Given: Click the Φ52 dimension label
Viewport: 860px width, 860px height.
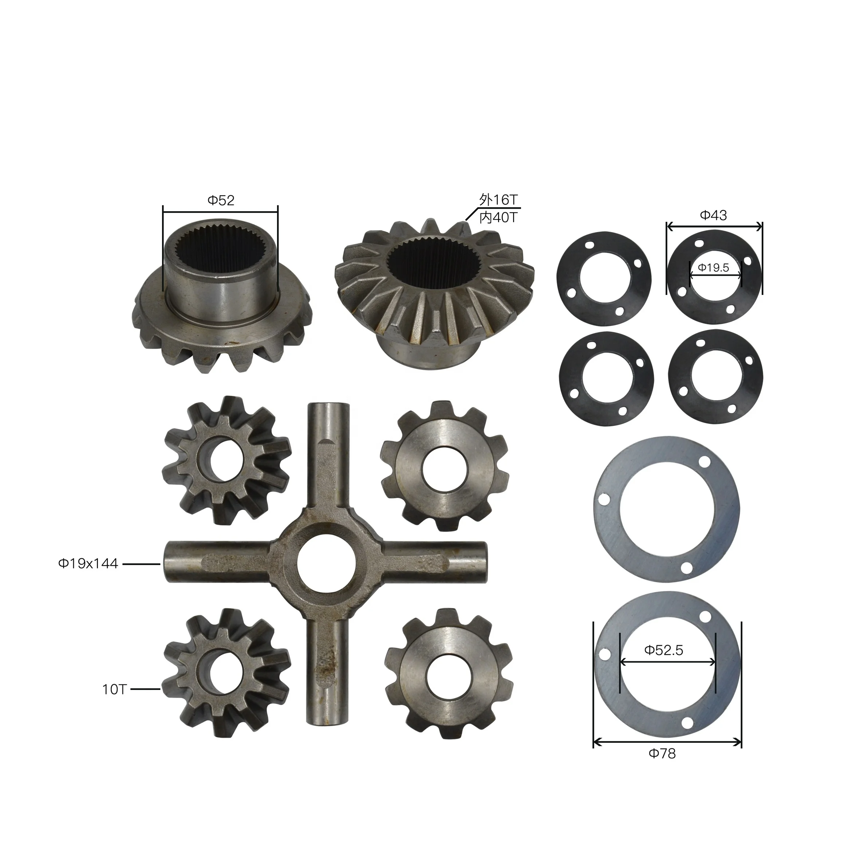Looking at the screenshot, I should pyautogui.click(x=221, y=200).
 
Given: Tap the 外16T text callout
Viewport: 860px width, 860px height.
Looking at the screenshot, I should pyautogui.click(x=498, y=200).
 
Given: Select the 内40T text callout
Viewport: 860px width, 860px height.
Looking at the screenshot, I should pyautogui.click(x=498, y=218).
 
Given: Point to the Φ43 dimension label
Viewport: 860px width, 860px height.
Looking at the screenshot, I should pyautogui.click(x=713, y=216).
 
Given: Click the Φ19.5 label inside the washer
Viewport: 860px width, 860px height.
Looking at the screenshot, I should pyautogui.click(x=713, y=268).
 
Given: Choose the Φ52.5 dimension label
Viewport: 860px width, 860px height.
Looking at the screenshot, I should pyautogui.click(x=664, y=650).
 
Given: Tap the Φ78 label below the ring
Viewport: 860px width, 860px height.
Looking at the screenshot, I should pyautogui.click(x=662, y=754).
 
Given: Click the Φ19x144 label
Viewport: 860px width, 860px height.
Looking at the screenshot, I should pyautogui.click(x=88, y=564).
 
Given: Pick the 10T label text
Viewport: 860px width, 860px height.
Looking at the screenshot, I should pyautogui.click(x=114, y=690).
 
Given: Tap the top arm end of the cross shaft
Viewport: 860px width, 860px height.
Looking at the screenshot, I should pyautogui.click(x=328, y=412).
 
